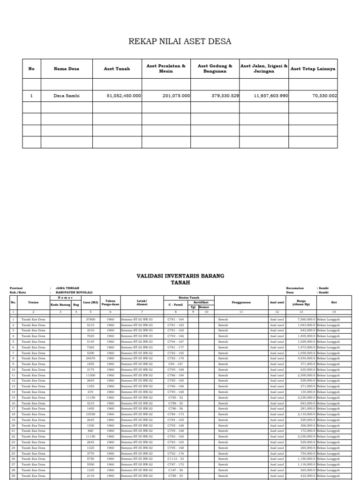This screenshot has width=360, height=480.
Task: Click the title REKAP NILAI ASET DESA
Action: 180,42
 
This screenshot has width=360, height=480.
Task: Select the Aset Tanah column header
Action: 117,69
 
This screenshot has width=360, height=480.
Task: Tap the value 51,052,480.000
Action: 124,96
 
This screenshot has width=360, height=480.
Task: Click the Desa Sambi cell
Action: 66,96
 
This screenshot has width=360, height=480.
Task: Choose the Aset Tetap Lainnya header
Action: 313,69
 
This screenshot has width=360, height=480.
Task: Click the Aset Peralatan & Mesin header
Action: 166,69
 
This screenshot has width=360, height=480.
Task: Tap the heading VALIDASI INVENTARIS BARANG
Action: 180,276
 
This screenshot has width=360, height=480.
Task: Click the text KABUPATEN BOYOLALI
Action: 74,292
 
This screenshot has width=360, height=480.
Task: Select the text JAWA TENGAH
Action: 67,288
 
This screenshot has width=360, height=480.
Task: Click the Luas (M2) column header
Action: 91,302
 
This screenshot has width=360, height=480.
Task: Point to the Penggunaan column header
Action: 241,302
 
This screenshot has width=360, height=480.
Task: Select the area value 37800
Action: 91,319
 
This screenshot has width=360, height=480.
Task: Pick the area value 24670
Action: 91,358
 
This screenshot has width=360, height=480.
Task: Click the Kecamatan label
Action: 294,288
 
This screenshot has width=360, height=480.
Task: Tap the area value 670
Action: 91,392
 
